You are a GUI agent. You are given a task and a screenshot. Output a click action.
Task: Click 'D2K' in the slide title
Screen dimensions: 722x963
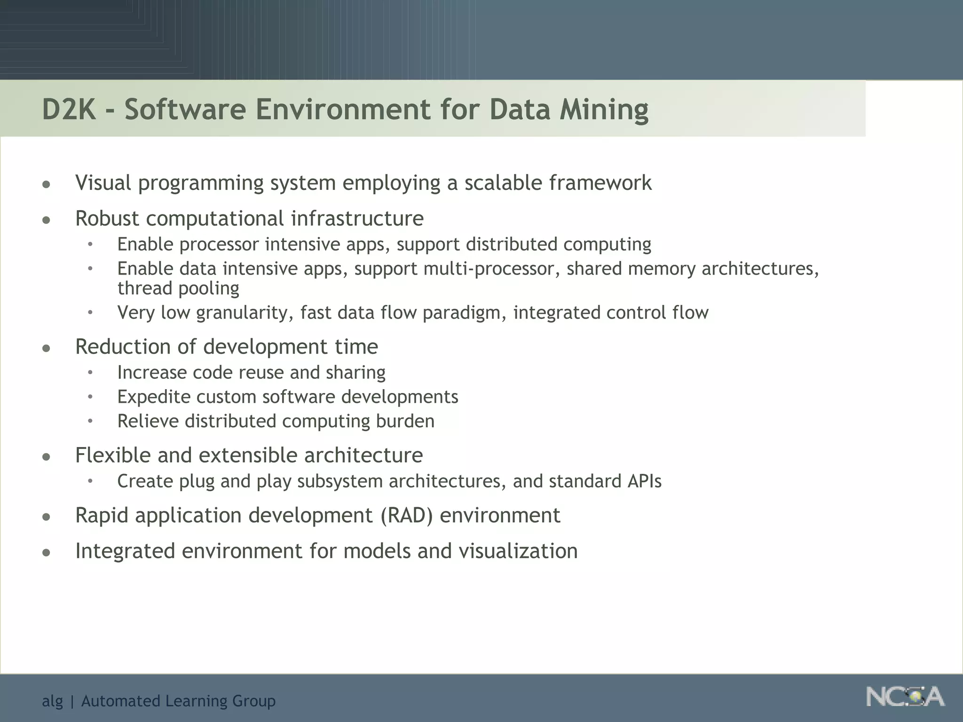point(69,109)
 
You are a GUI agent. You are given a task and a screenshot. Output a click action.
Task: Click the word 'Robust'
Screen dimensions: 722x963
point(107,218)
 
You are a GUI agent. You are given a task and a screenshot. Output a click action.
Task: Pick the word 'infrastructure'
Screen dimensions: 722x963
point(357,218)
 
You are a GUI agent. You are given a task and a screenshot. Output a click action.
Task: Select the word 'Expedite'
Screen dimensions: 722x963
point(154,397)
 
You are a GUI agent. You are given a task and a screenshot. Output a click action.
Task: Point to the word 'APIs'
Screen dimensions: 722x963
point(644,481)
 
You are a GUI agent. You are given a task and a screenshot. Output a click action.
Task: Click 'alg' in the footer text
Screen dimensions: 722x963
point(52,701)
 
